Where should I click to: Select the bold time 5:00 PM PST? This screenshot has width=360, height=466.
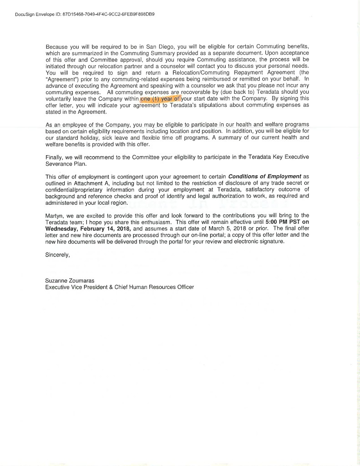click(283, 222)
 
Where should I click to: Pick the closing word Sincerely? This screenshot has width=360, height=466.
click(58, 255)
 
